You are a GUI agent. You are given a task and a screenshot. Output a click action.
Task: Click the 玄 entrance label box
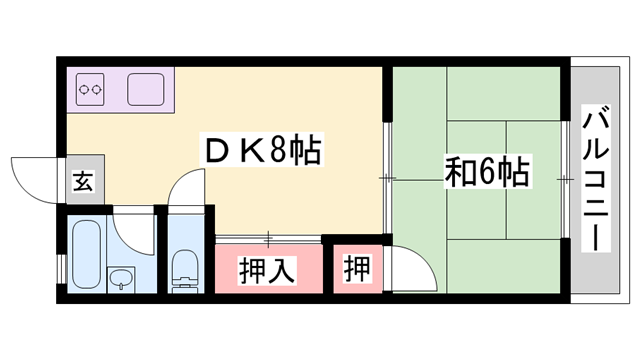(81, 183)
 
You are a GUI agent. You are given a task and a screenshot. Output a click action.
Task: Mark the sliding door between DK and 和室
(387, 178)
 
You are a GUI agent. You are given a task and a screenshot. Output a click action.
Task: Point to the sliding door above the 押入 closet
(268, 238)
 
